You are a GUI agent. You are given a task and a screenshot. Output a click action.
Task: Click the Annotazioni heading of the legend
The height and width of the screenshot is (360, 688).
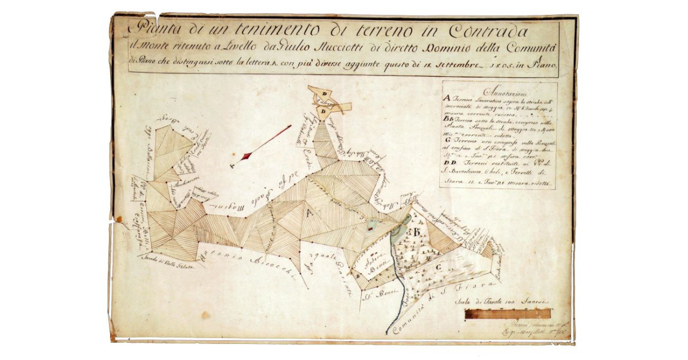point(507,92)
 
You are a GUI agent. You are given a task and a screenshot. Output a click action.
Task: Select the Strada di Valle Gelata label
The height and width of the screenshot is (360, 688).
point(169,264)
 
